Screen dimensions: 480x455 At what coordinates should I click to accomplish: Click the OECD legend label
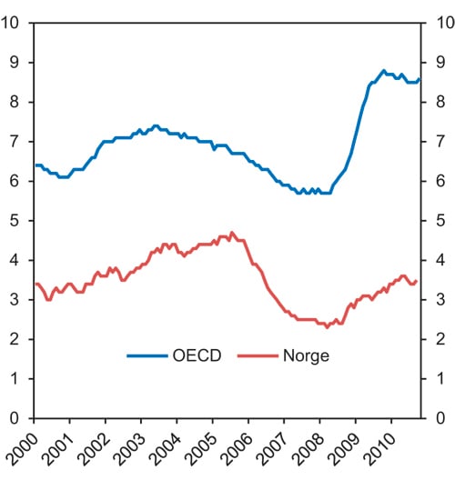(x=196, y=355)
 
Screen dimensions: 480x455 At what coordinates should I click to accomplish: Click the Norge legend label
(x=304, y=355)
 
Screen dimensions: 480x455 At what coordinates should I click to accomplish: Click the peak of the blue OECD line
(x=383, y=70)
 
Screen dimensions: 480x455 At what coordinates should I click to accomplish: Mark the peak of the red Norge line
(x=231, y=232)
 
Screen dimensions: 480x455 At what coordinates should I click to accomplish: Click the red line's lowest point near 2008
(x=327, y=326)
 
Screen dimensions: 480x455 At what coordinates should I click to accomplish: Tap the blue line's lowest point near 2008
(x=299, y=193)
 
